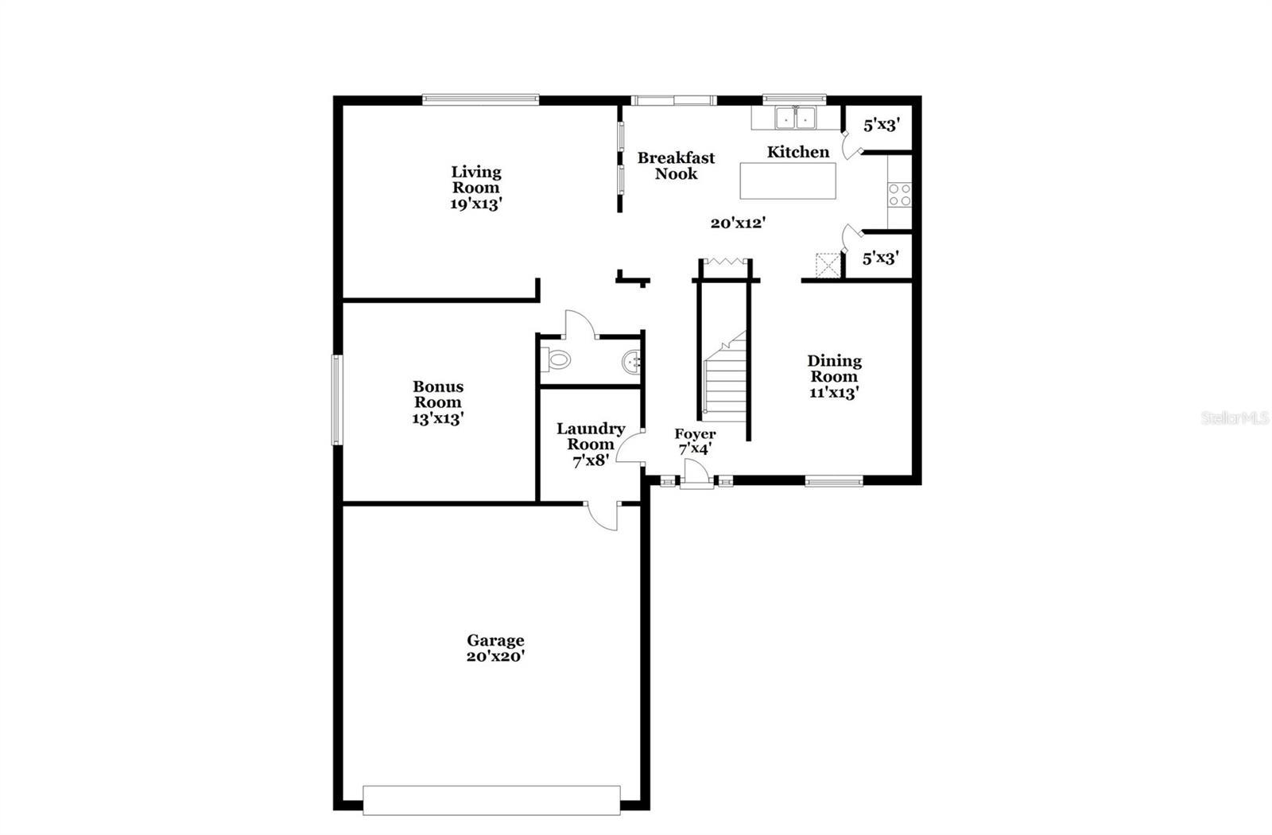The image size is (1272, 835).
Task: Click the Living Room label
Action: coord(476,180)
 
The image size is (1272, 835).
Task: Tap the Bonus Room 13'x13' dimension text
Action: coord(437,418)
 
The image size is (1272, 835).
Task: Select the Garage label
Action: coord(495,640)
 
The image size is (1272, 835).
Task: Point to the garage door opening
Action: coord(491,800)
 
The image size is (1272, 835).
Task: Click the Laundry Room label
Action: coord(590,437)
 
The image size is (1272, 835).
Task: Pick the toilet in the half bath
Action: coord(556,360)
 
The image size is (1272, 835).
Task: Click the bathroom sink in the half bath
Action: coord(632,362)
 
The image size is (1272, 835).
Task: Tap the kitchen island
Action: coord(788,181)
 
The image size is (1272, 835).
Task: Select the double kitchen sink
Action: coord(796,118)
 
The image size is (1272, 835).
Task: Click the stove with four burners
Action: coord(900,195)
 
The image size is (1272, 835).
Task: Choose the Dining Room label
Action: coord(834,368)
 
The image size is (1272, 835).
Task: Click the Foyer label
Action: coord(695,434)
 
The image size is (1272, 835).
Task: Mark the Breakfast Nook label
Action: coord(676,166)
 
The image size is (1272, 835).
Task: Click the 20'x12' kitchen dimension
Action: coord(738,223)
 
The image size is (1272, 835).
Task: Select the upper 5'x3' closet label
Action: coord(881,125)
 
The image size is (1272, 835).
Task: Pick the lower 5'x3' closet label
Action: coord(881,258)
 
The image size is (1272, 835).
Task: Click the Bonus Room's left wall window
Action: coord(337,399)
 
